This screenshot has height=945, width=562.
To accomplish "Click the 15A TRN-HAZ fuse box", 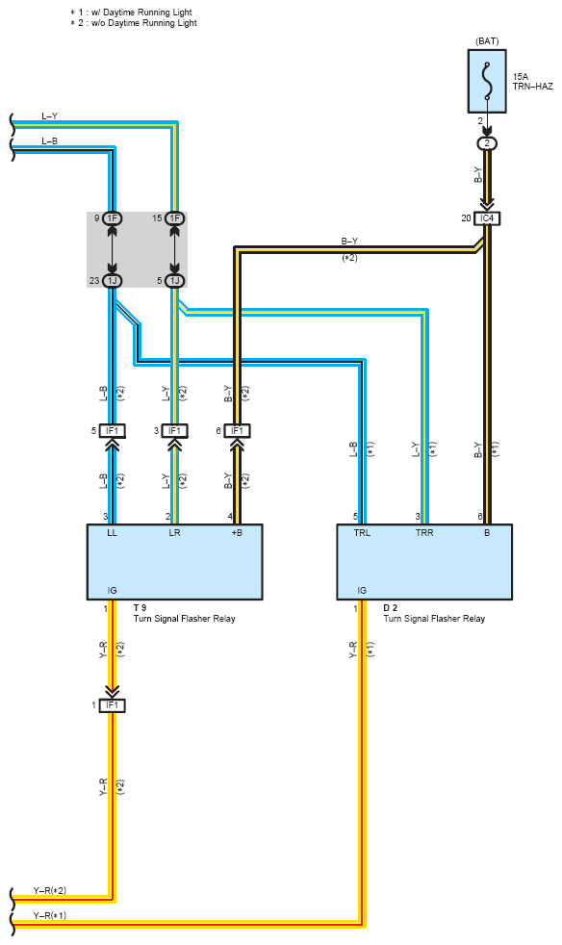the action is click(487, 82).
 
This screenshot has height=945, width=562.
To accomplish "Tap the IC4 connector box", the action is click(487, 218).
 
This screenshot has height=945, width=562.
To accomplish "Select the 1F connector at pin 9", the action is click(113, 218).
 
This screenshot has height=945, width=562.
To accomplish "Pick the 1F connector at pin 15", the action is click(174, 218).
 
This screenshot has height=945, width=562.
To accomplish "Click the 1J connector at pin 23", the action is click(113, 281).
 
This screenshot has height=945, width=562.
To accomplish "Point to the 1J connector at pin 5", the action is click(174, 281).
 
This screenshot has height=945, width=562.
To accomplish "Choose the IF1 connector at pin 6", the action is click(237, 431).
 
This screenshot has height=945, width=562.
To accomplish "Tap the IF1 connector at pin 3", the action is click(174, 431).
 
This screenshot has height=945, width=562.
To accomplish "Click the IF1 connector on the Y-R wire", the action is click(113, 705).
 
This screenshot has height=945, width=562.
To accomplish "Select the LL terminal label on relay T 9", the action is click(113, 533).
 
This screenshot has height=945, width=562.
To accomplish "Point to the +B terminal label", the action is click(237, 533).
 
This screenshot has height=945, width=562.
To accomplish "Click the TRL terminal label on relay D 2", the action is click(363, 533).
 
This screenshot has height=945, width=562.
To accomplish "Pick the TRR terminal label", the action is click(424, 533).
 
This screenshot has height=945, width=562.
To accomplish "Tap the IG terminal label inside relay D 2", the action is click(362, 591).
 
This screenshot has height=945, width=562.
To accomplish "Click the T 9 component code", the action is click(140, 608).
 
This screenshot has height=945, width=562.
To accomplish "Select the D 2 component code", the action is click(390, 608).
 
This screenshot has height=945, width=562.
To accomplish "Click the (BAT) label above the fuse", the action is click(487, 41).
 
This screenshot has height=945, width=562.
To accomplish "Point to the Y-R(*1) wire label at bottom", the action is click(49, 915).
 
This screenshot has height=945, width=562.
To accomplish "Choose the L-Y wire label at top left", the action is click(49, 115).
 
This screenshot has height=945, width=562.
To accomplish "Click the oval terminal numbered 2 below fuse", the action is click(487, 144).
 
